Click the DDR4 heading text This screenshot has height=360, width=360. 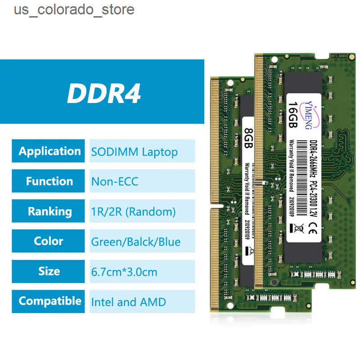[x=104, y=94]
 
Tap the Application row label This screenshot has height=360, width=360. [x=49, y=151]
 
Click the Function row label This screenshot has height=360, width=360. [x=49, y=181]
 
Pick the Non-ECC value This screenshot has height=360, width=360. [x=115, y=182]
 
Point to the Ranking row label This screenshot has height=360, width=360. [x=49, y=211]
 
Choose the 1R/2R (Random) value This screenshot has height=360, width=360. [x=133, y=211]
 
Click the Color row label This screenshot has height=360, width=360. [x=49, y=241]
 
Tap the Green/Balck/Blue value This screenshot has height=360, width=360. [x=135, y=242]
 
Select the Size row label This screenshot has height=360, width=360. [x=49, y=271]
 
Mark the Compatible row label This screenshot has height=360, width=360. [x=49, y=301]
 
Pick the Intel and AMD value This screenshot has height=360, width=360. [x=128, y=301]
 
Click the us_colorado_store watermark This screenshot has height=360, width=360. [x=74, y=9]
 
